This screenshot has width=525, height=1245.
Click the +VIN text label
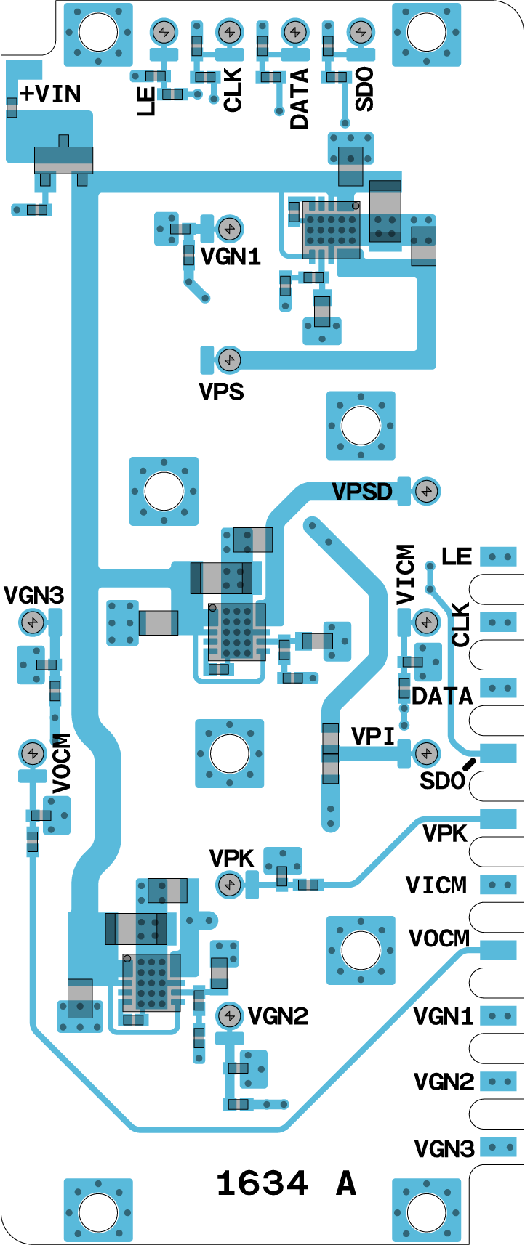click(x=50, y=94)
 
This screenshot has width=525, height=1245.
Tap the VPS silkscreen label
click(x=221, y=392)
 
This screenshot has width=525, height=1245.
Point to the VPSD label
click(x=362, y=492)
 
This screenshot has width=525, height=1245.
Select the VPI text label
click(x=373, y=737)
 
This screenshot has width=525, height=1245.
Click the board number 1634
click(x=262, y=1183)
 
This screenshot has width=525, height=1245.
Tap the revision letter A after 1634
click(x=346, y=1183)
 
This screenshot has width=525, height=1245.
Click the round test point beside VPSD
click(x=427, y=492)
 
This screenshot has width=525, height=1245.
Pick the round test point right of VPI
click(x=427, y=753)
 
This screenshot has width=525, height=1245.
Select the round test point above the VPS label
click(x=230, y=359)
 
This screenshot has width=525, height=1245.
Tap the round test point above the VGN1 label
click(x=230, y=229)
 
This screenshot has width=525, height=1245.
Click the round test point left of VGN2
click(x=230, y=1015)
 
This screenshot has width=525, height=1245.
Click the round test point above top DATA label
click(x=294, y=32)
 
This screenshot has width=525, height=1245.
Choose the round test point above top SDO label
click(x=359, y=32)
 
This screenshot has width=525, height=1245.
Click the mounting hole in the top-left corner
click(x=98, y=32)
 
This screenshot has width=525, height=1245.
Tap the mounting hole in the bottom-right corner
click(x=426, y=1212)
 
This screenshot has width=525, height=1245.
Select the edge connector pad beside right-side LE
click(x=499, y=557)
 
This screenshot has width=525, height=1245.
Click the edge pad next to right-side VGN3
click(x=499, y=1148)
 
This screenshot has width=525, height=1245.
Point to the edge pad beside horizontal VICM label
click(x=499, y=885)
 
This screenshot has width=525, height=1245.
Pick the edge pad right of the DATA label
click(x=499, y=688)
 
